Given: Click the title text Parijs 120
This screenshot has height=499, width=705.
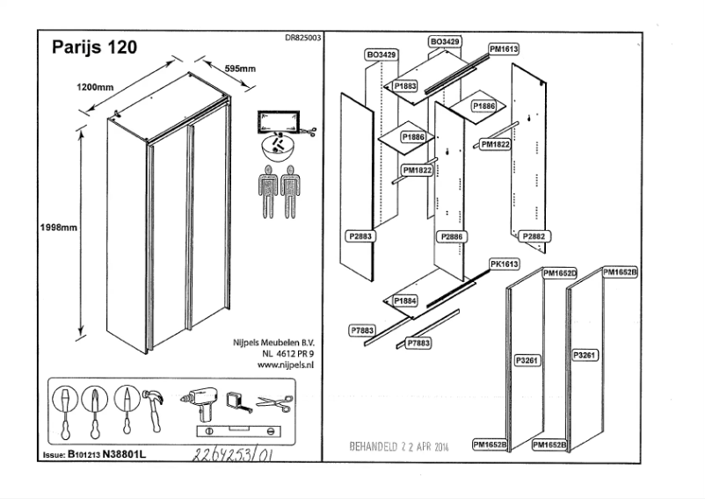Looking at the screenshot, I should point(94,47).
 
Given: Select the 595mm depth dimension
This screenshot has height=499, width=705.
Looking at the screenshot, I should point(239,68).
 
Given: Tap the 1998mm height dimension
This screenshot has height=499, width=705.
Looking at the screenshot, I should point(60,228).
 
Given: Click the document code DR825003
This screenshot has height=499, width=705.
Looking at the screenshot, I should point(302,38).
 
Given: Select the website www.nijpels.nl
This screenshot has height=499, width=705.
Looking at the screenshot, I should point(286,363).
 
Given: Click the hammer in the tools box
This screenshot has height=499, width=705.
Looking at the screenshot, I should point(155,408).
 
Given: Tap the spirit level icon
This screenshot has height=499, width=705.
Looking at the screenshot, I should point(233,431).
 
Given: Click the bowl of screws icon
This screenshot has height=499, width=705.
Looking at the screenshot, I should point(280,146).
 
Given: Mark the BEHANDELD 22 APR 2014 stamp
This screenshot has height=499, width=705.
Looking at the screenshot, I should point(399,444).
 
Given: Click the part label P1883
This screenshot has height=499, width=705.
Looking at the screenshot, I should point(405,86).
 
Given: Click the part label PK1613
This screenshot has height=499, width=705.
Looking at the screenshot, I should point(505,264).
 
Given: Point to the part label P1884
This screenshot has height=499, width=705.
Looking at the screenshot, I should point(405,300).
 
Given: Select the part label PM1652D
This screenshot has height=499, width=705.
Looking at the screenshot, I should point(560,273).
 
